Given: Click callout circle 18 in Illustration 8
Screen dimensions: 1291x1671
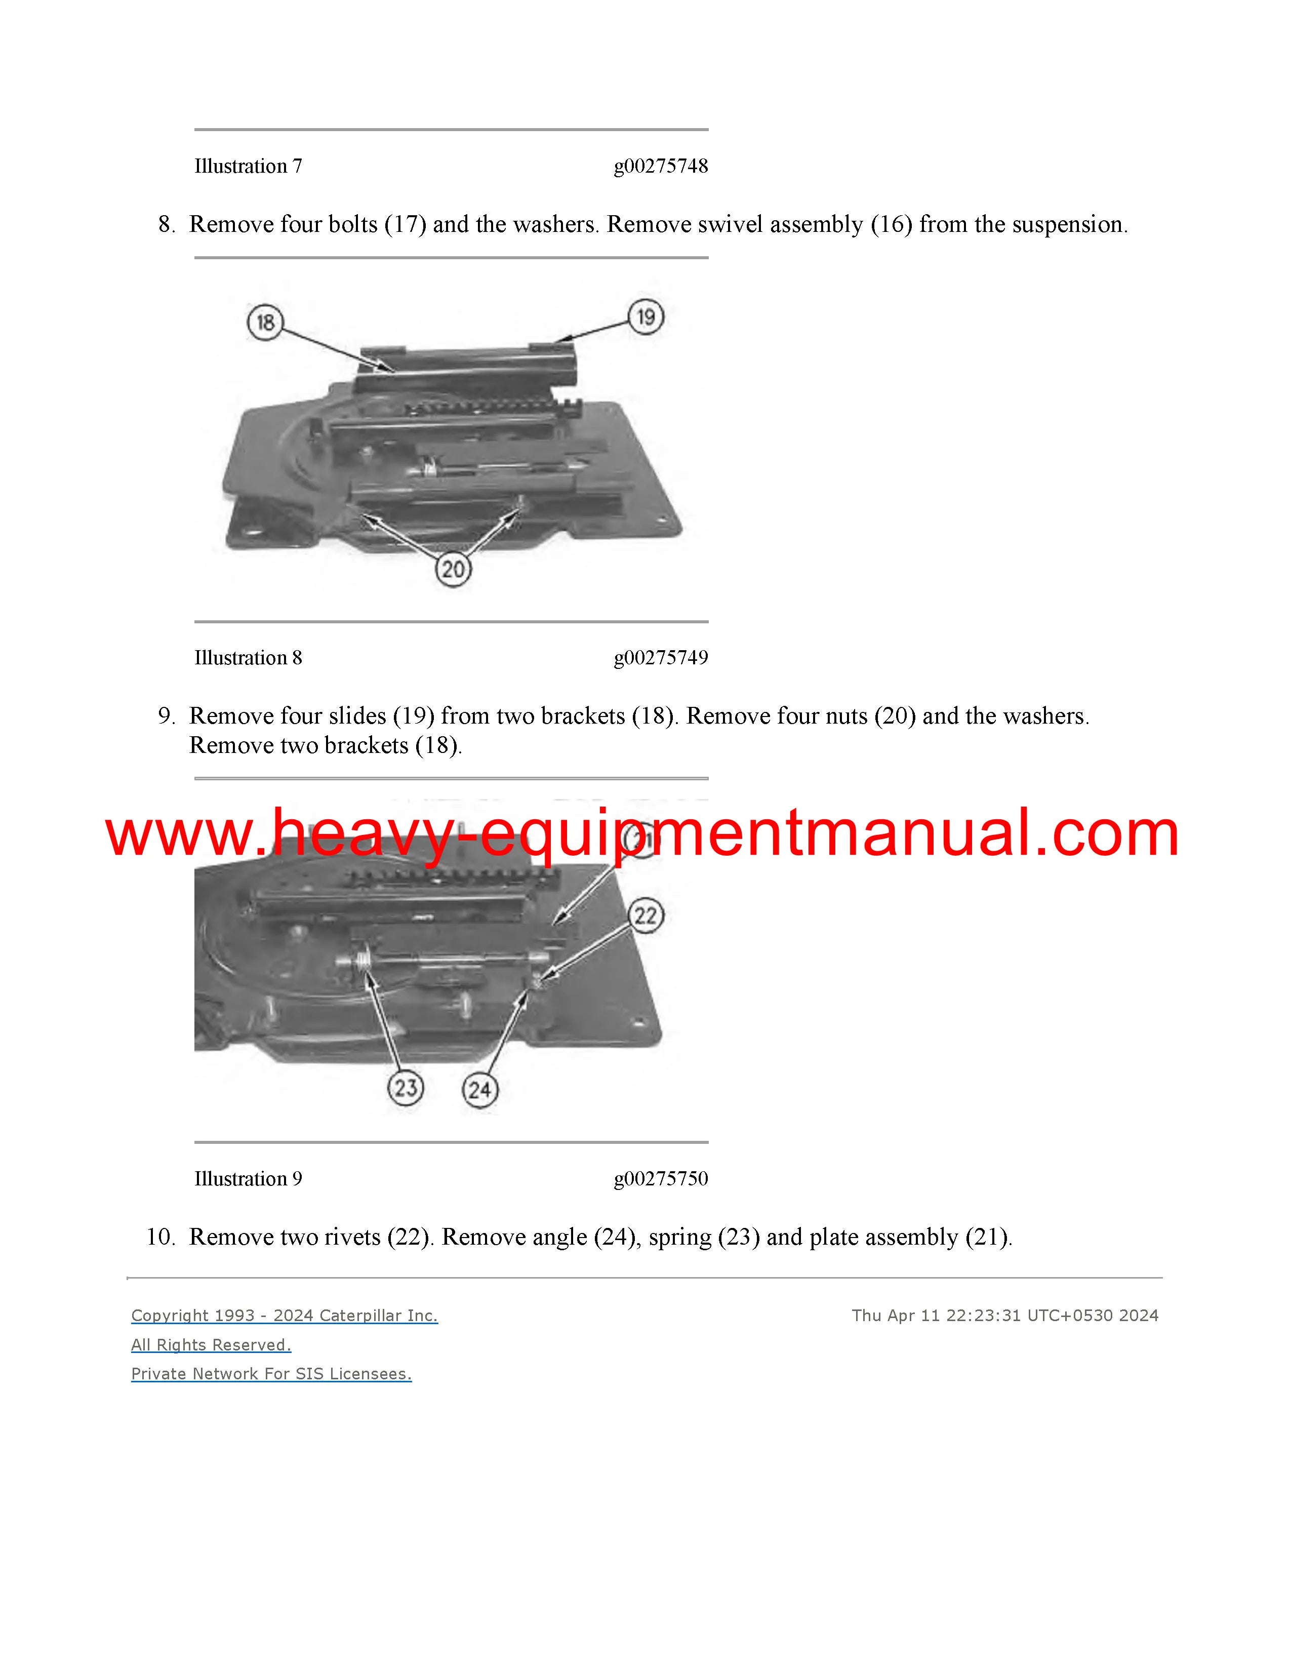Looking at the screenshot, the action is click(265, 322).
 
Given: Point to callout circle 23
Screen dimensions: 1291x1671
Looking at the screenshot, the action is click(406, 1087).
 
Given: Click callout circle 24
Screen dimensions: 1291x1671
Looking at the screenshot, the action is click(479, 1090).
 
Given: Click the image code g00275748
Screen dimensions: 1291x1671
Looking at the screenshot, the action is click(661, 167).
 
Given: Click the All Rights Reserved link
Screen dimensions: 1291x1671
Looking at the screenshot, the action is click(211, 1344).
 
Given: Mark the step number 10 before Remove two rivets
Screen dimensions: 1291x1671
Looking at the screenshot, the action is click(160, 1237).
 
